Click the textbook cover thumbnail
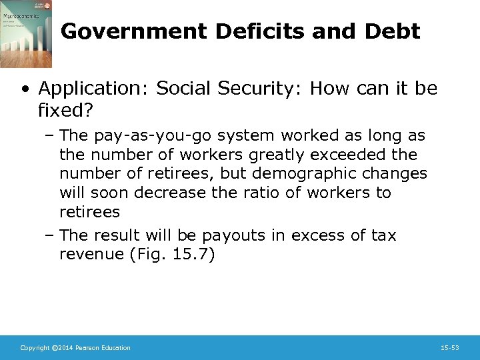coord(25,34)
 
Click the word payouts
coord(235,235)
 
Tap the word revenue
coord(88,254)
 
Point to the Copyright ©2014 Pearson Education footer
coord(75,348)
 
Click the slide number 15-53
coord(450,348)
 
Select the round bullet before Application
coord(25,88)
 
